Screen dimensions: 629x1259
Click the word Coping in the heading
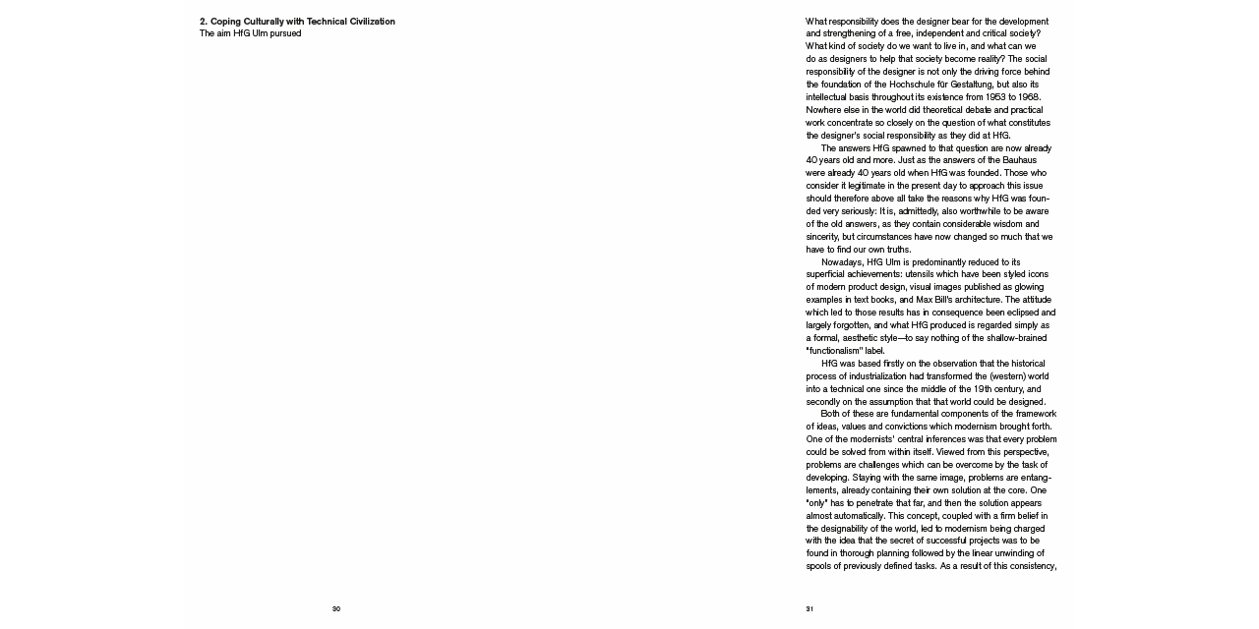point(226,22)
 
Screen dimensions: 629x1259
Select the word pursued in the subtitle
point(284,33)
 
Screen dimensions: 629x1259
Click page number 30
point(336,609)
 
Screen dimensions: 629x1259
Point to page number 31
point(809,609)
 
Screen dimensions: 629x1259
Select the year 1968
point(1026,97)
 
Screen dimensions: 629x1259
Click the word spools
point(818,567)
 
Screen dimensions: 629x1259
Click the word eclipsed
point(1020,313)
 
